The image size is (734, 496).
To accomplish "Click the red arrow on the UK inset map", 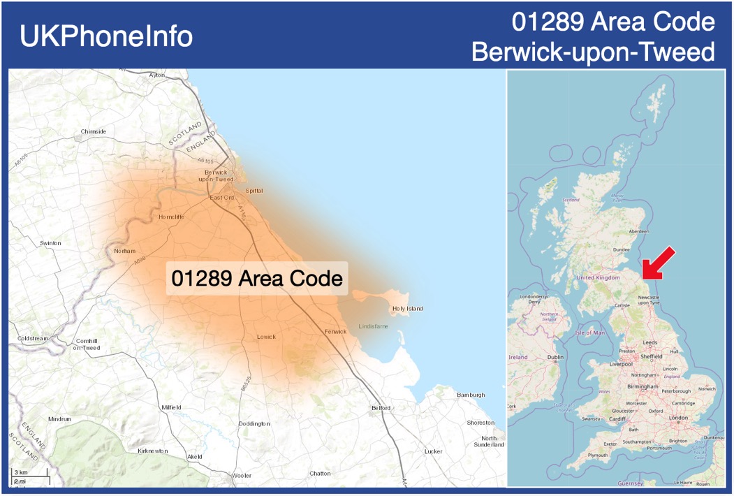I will (658, 263).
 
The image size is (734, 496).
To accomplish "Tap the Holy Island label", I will (407, 309).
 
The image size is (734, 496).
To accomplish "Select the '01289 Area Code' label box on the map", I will (257, 279).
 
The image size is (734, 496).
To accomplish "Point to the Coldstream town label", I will (33, 339).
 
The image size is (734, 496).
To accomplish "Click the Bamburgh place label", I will (470, 395).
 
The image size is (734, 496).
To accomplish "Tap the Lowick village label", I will (266, 337).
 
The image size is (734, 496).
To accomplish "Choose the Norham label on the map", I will (124, 251).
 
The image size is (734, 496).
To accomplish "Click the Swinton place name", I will (50, 243).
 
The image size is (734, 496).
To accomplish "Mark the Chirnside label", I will (93, 131).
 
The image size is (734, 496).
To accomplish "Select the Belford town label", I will (381, 408).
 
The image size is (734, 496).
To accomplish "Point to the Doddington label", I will (254, 424).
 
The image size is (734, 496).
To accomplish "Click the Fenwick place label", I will (335, 331).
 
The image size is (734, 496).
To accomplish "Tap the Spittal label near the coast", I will (254, 190).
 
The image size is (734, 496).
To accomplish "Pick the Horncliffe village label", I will (171, 217).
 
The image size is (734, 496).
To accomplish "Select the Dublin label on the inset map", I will (555, 358).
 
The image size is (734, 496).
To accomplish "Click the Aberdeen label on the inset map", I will (638, 231).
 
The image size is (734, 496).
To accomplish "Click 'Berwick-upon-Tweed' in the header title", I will (593, 52).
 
